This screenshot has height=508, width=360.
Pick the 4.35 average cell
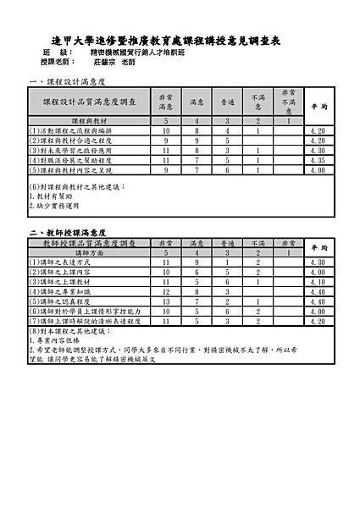click(318, 159)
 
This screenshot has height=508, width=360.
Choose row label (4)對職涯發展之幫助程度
click(72, 159)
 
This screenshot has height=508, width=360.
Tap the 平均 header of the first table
click(318, 108)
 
